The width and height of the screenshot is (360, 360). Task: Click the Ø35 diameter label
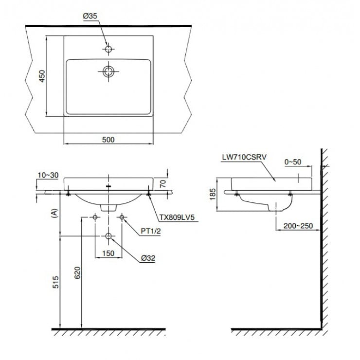[91, 16]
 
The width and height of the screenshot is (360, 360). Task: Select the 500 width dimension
[108, 140]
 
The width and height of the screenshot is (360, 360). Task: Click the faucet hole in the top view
[108, 49]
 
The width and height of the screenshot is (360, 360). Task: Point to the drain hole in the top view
[108, 72]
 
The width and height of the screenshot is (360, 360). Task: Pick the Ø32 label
[146, 258]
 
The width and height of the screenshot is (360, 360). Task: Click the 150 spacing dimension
[108, 253]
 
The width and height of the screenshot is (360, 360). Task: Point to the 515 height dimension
[55, 282]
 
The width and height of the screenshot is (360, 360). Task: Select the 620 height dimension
[77, 274]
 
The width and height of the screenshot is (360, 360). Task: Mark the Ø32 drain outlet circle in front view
[108, 237]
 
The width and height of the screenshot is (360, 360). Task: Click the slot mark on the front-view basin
[108, 185]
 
